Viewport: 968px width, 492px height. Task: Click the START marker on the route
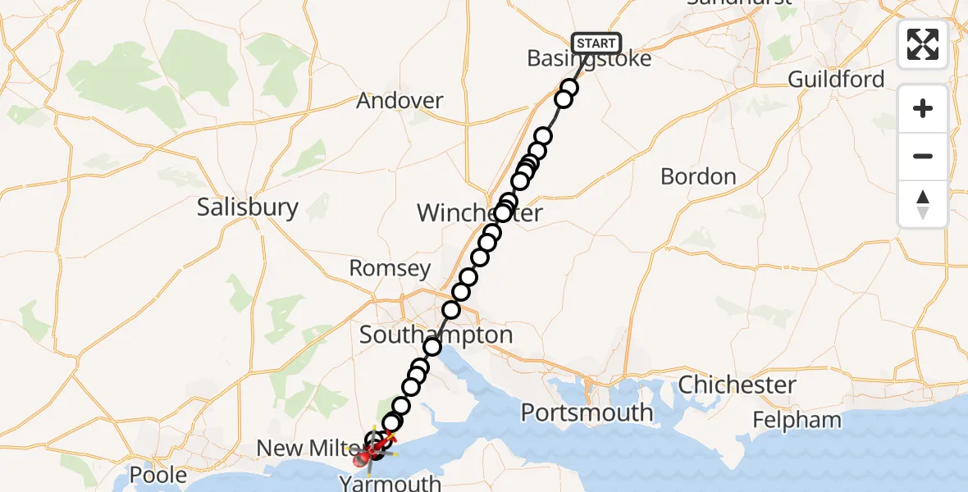coord(596,43)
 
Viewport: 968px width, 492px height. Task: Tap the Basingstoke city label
coord(589,59)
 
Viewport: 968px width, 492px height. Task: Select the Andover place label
coord(400,101)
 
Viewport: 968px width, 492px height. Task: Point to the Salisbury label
coord(247,207)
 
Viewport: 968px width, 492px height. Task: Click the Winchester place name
coord(479,214)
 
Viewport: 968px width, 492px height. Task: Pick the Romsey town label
coord(390,268)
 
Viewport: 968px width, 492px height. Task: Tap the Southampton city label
coord(436,335)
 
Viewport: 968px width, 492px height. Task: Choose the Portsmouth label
coord(587,412)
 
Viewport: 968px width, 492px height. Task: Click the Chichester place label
coord(737,385)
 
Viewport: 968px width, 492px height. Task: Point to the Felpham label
coord(797,421)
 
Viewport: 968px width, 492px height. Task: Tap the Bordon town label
coord(698,176)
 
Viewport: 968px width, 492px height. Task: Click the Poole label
coord(158,475)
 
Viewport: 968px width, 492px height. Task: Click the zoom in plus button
coord(923,108)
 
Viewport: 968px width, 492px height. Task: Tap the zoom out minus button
coord(923,156)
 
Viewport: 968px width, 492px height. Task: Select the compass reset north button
coord(923,203)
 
